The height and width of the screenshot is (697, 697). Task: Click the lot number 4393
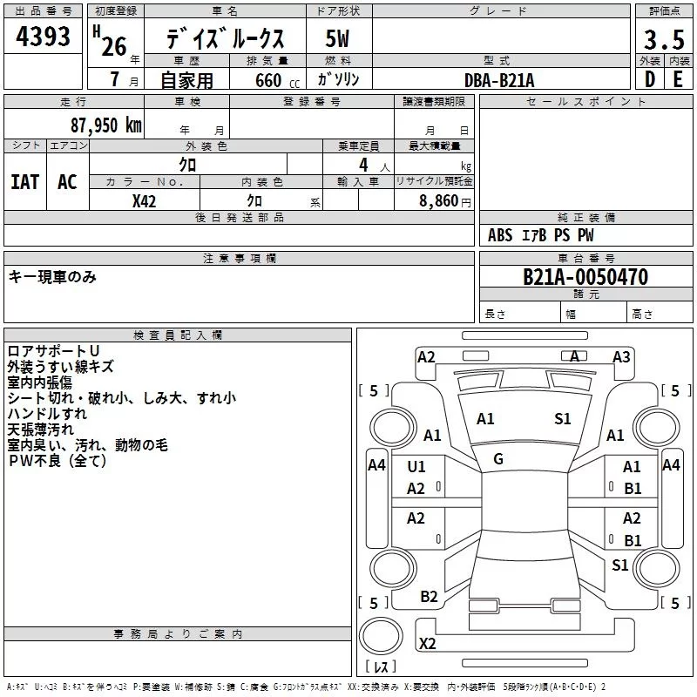43,36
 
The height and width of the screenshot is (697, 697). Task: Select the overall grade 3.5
664,39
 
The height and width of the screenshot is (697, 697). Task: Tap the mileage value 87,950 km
105,125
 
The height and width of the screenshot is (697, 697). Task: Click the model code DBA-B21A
499,80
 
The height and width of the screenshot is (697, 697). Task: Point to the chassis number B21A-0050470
585,277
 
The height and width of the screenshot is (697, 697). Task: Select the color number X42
144,201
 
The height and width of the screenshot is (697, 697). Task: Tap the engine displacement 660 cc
277,80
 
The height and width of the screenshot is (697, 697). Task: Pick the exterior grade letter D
650,79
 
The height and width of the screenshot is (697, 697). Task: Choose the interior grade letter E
678,79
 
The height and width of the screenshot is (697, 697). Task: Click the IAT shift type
24,182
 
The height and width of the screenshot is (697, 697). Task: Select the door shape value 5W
337,38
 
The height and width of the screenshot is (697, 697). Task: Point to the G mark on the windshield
498,459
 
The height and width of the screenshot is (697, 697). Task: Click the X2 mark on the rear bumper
427,643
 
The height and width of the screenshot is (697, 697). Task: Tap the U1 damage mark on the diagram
416,467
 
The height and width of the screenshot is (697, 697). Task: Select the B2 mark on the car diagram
429,597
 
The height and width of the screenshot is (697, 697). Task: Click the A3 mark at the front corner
621,357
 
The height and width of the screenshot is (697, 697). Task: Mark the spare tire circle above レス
381,636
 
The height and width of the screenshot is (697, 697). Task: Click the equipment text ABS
500,235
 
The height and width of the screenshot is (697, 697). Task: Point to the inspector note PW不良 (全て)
58,461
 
